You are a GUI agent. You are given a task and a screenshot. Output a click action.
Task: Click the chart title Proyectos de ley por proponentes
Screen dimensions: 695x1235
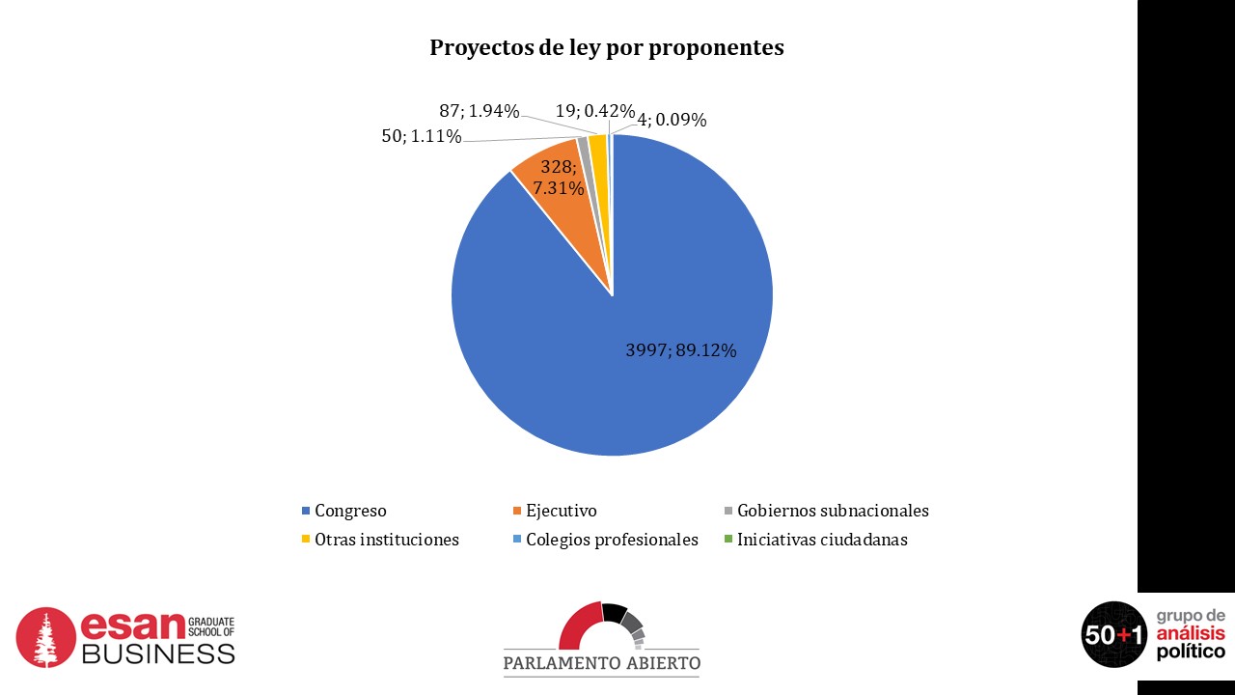[x=606, y=48]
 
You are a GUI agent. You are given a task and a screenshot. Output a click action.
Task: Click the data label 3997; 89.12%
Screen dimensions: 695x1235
[x=680, y=350]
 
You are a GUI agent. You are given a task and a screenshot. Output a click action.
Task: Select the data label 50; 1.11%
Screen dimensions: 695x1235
[x=421, y=136]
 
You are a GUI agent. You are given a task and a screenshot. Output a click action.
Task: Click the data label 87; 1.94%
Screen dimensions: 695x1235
[x=480, y=111]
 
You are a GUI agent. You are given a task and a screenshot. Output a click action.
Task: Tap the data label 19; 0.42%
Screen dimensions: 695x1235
[x=594, y=111]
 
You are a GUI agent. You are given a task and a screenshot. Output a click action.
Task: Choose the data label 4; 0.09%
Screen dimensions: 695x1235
[x=672, y=121]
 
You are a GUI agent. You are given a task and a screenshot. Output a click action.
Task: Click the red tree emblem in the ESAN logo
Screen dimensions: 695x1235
[x=45, y=637]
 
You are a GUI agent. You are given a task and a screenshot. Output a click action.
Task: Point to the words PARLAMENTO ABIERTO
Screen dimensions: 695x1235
[x=601, y=663]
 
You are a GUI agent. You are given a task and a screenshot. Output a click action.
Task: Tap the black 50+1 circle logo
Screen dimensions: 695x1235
[x=1113, y=634]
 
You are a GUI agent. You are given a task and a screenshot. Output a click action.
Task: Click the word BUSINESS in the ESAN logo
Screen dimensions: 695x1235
[x=157, y=653]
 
